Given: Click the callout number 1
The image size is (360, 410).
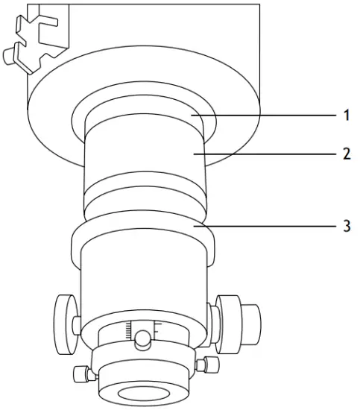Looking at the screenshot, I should pos(344,116).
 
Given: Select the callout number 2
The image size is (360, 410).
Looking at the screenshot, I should pos(344,154).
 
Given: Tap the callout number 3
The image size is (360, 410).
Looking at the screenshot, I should pos(344,225).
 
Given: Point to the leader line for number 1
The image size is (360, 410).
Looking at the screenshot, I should pos(268,116).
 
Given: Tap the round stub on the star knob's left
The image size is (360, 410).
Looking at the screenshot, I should pos(10,54).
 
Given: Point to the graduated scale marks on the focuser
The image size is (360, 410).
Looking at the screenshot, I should pos(142,329).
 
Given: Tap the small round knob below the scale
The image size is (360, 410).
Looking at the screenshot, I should pos(142,341).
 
